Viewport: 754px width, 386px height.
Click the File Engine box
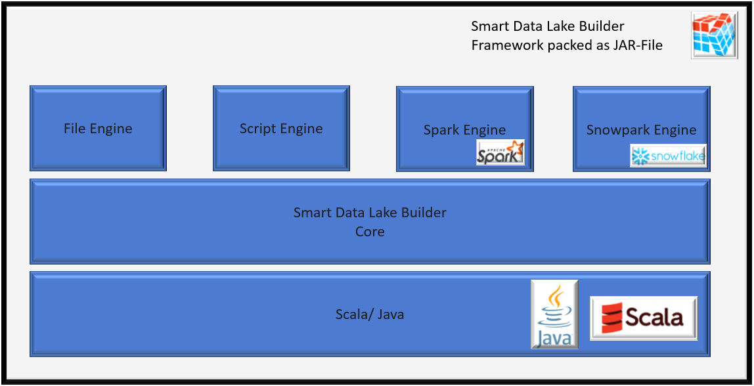98,128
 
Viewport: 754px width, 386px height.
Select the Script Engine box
281,128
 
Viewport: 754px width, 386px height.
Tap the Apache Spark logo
500,152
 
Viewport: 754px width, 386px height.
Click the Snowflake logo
668,156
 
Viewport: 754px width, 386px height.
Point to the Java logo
555,314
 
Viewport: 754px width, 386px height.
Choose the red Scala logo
644,318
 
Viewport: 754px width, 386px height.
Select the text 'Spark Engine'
464,130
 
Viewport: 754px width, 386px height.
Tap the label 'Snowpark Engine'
641,130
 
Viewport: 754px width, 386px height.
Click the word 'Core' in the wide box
370,232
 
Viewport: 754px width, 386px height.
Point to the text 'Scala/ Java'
370,314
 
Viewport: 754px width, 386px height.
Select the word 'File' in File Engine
75,129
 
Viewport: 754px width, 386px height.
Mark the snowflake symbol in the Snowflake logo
639,156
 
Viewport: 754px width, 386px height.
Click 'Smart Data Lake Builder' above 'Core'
370,213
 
